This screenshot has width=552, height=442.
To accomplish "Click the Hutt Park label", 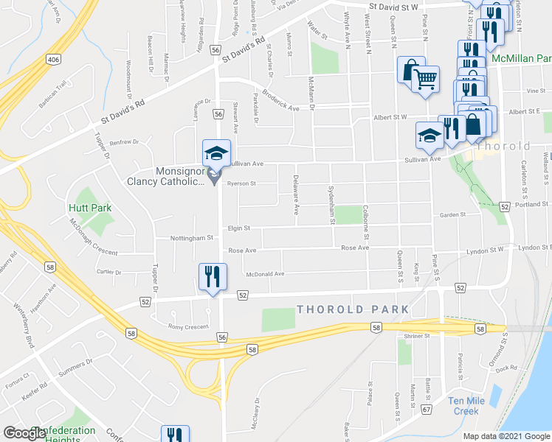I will click(90, 208).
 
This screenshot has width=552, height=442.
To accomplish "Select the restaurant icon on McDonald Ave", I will click(213, 278).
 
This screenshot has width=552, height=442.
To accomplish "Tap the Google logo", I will click(24, 433).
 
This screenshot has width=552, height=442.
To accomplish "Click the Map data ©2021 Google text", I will click(506, 436).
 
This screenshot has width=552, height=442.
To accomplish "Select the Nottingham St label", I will click(190, 238).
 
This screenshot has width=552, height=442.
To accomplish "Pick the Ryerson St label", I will click(241, 183).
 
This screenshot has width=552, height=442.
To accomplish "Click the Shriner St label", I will click(418, 336).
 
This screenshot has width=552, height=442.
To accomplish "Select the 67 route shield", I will click(426, 408).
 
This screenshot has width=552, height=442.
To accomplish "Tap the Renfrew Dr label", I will click(124, 141).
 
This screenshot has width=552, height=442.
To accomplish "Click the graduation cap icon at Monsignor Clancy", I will click(215, 153).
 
